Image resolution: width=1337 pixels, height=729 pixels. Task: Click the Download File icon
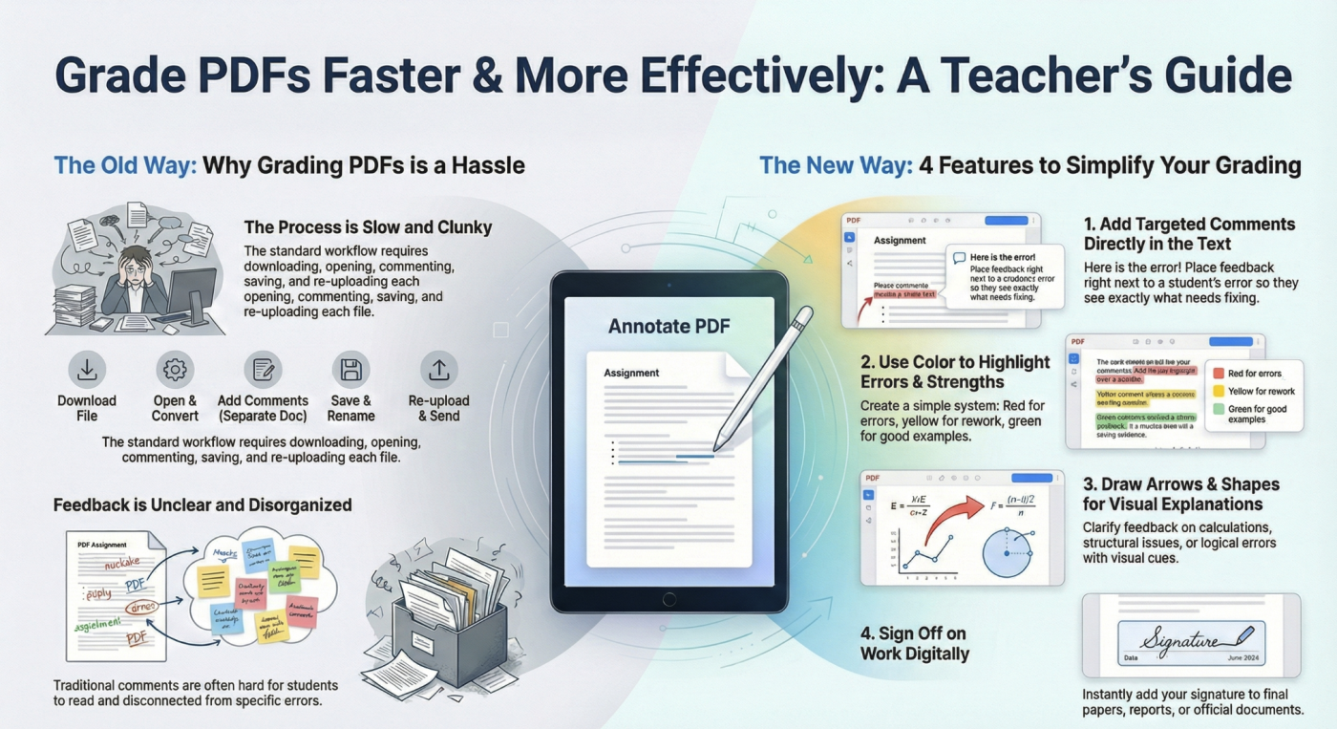pyautogui.click(x=87, y=370)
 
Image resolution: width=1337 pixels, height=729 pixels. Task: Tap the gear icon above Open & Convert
pyautogui.click(x=175, y=370)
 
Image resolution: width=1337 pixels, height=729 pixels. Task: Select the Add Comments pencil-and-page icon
pyautogui.click(x=263, y=370)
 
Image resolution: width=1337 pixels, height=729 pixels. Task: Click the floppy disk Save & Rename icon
pyautogui.click(x=350, y=370)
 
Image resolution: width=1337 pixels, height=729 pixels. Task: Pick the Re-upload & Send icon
pyautogui.click(x=438, y=370)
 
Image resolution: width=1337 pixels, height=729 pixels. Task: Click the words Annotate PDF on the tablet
pyautogui.click(x=668, y=327)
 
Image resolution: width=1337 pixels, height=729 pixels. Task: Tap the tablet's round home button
pyautogui.click(x=668, y=599)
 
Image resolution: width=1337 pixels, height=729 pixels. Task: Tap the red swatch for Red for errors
pyautogui.click(x=1218, y=374)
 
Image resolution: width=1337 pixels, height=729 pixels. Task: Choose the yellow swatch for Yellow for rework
pyautogui.click(x=1218, y=392)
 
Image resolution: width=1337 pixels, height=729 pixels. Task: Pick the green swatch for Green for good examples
pyautogui.click(x=1218, y=409)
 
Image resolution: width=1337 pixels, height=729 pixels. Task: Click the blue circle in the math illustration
pyautogui.click(x=1008, y=550)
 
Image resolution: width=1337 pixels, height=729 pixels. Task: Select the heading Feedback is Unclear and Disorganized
pyautogui.click(x=202, y=504)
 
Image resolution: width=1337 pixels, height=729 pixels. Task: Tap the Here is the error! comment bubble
pyautogui.click(x=1006, y=275)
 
